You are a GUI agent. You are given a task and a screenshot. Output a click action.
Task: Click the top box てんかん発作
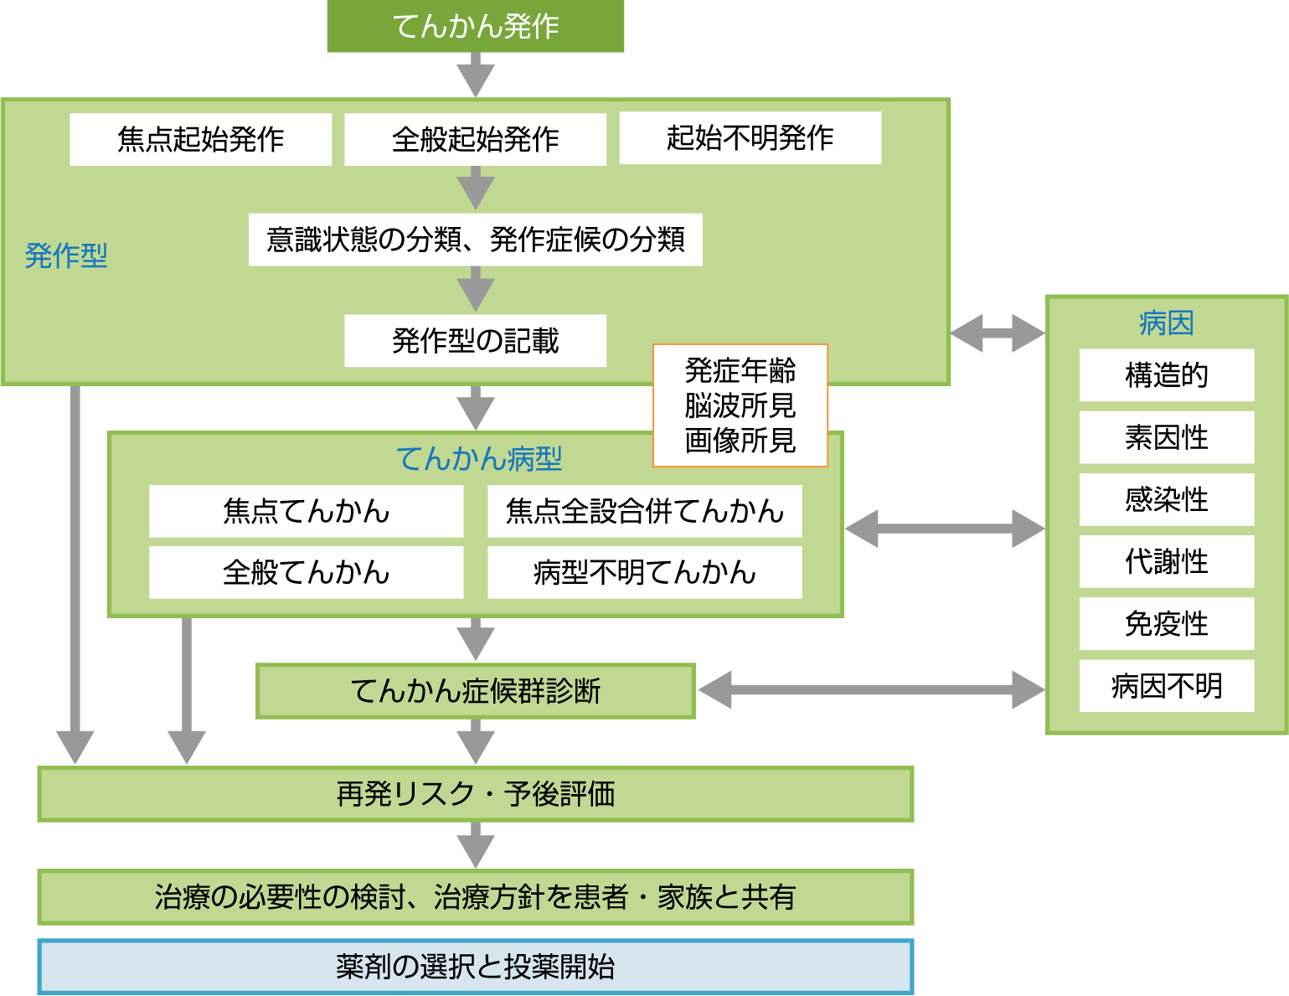[475, 26]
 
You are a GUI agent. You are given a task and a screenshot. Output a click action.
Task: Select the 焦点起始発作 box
[200, 139]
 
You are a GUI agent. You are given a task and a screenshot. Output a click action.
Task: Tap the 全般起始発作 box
[475, 139]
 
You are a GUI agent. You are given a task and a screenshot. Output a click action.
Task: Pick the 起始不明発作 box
[750, 137]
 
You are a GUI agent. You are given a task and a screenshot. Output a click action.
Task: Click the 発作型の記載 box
[475, 340]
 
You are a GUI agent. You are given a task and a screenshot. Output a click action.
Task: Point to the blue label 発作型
[66, 255]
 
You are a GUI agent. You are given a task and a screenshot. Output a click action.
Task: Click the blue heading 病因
[1166, 323]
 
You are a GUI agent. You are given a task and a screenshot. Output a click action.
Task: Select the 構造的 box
[1166, 375]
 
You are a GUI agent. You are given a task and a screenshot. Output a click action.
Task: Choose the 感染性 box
[1166, 499]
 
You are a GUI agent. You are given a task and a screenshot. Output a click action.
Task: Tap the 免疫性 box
[1166, 623]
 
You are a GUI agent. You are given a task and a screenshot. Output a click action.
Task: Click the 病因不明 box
[1166, 686]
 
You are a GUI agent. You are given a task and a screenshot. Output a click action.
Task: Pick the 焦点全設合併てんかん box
[644, 511]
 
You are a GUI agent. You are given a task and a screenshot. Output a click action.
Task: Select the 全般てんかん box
[306, 572]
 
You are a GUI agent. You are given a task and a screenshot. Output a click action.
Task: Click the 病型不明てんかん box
[644, 572]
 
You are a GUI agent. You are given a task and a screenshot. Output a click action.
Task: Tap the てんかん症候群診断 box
[475, 691]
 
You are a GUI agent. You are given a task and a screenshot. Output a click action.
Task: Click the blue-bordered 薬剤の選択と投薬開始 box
[475, 967]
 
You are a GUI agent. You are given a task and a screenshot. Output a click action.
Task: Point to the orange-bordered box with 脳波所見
[740, 405]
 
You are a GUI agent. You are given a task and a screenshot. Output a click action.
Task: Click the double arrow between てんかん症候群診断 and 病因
[871, 690]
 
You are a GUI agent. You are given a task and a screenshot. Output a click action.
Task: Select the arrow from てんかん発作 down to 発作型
[476, 75]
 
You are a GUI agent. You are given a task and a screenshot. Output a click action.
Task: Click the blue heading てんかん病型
[478, 458]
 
